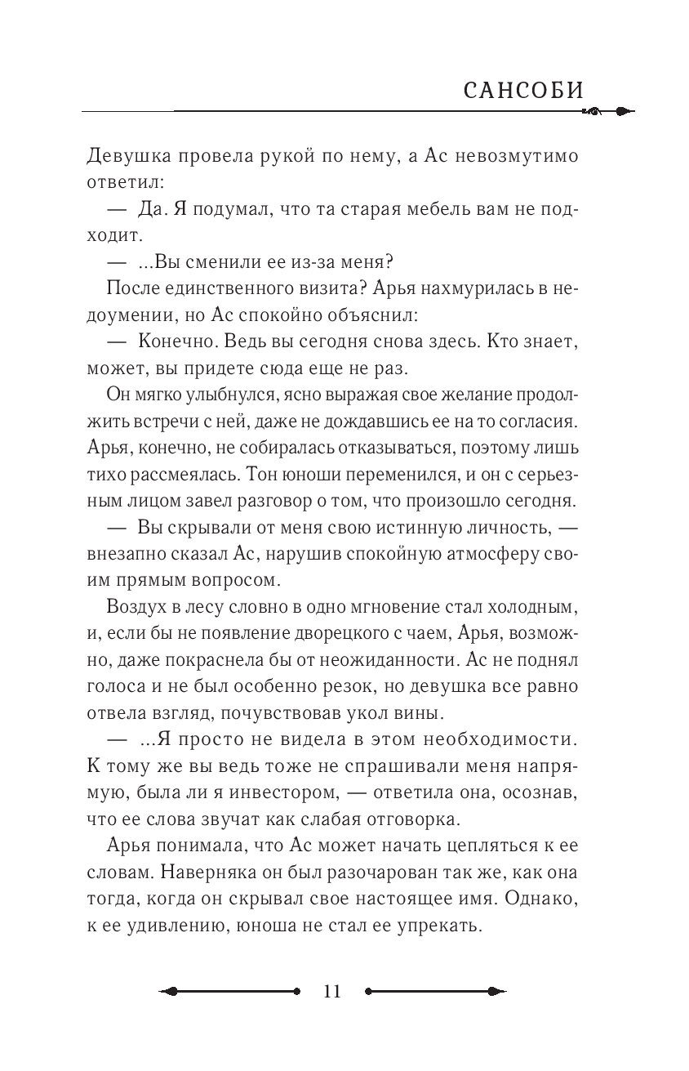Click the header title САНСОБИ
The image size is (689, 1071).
click(x=524, y=91)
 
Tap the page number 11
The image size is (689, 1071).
click(x=331, y=992)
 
